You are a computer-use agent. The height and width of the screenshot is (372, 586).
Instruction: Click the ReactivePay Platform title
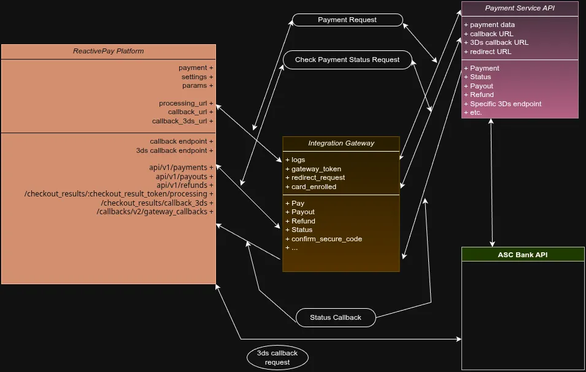tap(109, 51)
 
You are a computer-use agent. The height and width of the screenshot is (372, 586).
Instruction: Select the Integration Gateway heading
tap(341, 143)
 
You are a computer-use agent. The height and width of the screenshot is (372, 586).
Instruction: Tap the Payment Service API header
tap(519, 8)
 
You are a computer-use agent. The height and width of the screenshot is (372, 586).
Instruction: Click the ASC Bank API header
tap(523, 254)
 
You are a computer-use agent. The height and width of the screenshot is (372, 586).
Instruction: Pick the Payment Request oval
tap(347, 20)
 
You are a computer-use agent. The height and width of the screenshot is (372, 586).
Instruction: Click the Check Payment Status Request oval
tap(347, 60)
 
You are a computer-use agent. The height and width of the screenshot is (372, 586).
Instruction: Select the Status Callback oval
tap(335, 317)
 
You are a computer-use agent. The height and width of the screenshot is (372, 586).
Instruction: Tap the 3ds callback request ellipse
tap(277, 357)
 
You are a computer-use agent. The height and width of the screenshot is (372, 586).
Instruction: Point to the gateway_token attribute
tap(316, 169)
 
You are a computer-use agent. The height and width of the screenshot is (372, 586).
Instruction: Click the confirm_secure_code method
tap(326, 239)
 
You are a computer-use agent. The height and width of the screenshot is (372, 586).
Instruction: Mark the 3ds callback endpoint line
tap(174, 150)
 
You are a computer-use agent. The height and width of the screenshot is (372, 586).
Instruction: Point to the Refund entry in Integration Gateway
tap(303, 221)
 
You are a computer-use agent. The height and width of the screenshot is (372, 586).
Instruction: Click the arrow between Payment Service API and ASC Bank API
tap(492, 182)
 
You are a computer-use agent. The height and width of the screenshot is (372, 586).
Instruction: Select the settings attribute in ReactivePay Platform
tap(197, 77)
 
